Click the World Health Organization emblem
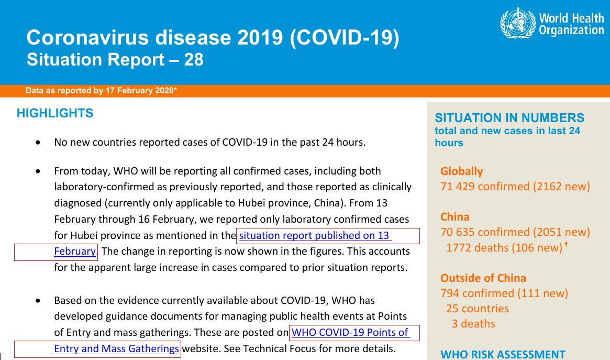[517, 23]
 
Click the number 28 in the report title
[193, 60]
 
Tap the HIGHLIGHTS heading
[55, 113]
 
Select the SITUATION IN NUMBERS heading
[509, 117]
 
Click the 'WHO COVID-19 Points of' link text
[350, 332]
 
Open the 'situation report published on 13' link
[314, 235]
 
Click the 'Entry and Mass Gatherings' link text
[116, 348]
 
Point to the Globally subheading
[461, 171]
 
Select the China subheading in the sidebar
[455, 217]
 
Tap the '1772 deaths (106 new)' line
[504, 247]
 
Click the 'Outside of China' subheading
[483, 278]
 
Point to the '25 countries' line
[478, 309]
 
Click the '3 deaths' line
[473, 324]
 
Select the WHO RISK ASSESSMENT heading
[503, 354]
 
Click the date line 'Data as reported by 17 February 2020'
[101, 91]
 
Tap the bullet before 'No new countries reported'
[38, 143]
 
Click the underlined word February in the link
[75, 252]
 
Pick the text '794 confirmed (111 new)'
[504, 293]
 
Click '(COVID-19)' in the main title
[345, 38]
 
